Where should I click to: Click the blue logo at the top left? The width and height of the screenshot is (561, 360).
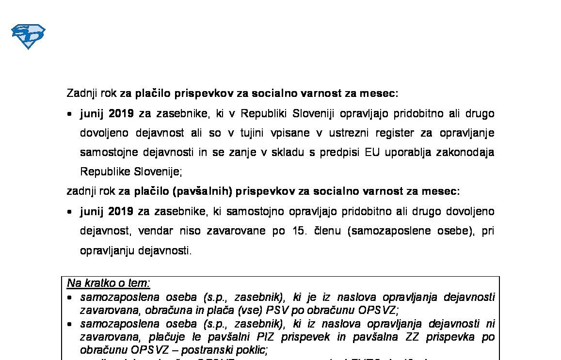tap(28, 36)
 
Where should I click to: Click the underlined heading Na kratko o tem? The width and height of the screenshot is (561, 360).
tap(109, 283)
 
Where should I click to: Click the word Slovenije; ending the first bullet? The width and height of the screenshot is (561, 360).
tap(158, 172)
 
